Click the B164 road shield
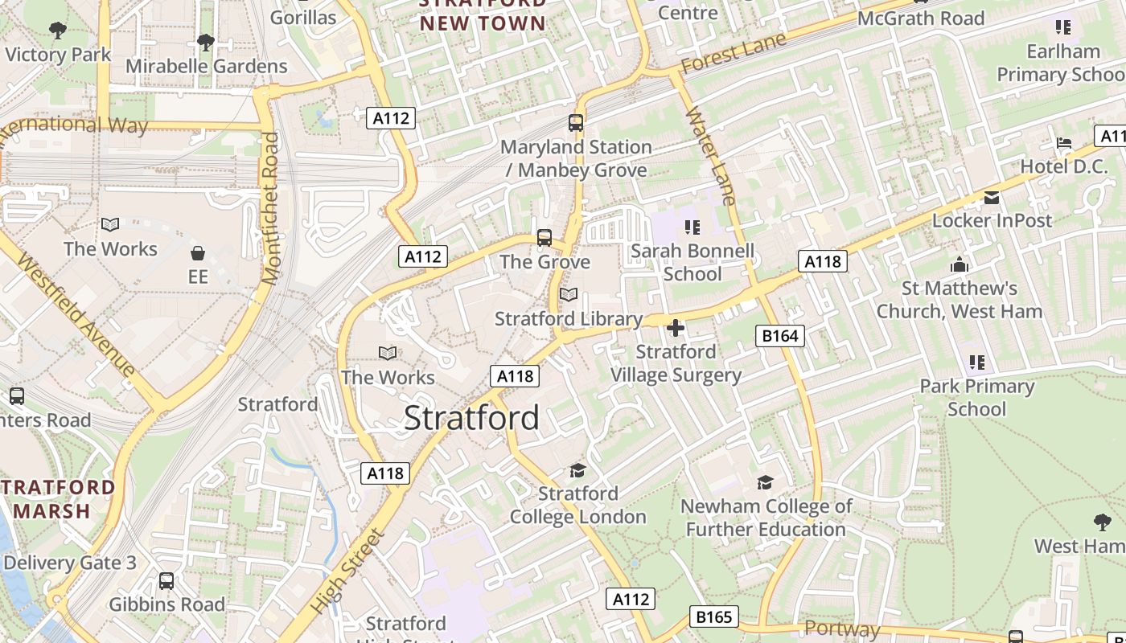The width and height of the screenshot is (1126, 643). [x=780, y=336]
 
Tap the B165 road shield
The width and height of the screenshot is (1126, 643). [x=713, y=616]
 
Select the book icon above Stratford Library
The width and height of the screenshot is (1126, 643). [x=569, y=295]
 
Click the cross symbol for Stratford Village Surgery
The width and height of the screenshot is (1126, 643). [x=676, y=328]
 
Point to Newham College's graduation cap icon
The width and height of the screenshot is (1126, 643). [x=765, y=482]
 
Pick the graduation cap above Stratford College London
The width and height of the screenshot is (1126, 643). [x=577, y=470]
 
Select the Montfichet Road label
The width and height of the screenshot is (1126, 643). [x=271, y=208]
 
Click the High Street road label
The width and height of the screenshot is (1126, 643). [x=347, y=571]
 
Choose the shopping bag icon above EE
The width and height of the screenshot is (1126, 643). [x=198, y=254]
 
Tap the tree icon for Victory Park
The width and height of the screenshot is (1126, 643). [x=58, y=31]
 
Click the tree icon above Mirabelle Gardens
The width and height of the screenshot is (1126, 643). [x=206, y=42]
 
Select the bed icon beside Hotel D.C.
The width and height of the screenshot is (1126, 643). [x=1064, y=143]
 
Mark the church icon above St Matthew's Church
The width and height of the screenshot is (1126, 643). [x=960, y=264]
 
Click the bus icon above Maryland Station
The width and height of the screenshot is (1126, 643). [x=576, y=123]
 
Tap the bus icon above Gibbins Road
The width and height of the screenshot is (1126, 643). [x=166, y=580]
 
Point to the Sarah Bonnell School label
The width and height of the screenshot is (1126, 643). [x=692, y=263]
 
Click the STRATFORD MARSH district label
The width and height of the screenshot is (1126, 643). [x=58, y=499]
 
